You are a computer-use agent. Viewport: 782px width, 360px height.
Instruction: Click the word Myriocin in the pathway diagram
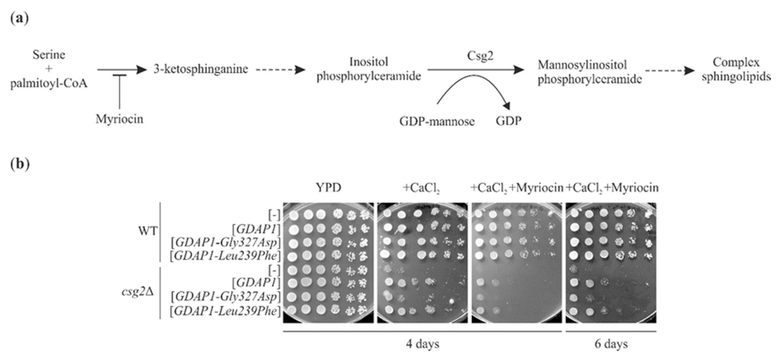point(119,119)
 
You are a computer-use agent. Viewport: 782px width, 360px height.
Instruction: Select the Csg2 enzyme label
point(480,56)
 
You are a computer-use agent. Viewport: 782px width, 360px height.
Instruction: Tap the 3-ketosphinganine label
point(201,69)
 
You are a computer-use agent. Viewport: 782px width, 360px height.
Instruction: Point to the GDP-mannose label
point(437,121)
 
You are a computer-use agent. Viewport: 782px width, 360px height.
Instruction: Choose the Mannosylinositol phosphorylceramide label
point(590,72)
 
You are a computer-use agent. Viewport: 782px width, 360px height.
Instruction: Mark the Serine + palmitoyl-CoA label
point(49,69)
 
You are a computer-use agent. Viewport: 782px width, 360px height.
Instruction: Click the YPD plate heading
point(328,188)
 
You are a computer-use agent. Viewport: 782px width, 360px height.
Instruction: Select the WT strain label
point(148,231)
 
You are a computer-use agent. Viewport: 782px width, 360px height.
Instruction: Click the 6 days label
point(611,344)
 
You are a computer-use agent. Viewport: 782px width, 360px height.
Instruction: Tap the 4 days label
point(423,344)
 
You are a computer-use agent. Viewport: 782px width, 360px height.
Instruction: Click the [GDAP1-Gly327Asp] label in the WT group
point(225,243)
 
